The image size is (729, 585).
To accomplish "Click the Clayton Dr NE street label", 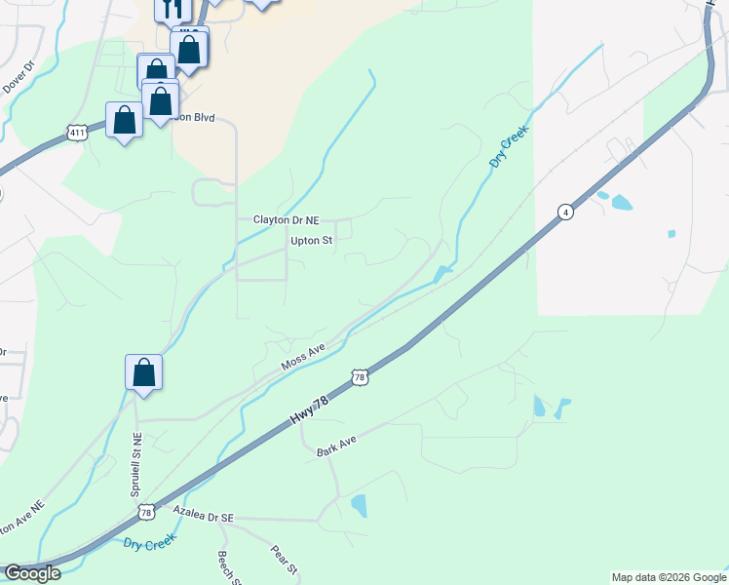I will tap(287, 220).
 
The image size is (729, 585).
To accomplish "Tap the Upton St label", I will tap(312, 240).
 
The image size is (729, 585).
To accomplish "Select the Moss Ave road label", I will tap(302, 358).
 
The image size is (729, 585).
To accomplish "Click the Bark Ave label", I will tap(336, 447).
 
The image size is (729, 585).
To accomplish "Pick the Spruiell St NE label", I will tap(135, 466).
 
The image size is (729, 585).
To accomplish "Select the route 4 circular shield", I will tap(564, 212).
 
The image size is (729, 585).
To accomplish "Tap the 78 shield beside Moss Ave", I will tap(360, 376).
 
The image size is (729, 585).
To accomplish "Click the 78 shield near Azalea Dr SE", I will tap(146, 512).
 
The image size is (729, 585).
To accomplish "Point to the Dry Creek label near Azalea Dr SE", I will tap(150, 543).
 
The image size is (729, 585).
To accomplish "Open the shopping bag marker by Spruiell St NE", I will tap(143, 372).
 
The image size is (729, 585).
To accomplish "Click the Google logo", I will tap(32, 573).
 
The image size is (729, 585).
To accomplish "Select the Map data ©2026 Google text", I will tap(669, 577).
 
